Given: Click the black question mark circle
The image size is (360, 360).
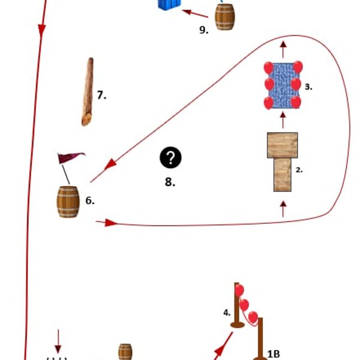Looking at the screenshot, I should coord(170,158).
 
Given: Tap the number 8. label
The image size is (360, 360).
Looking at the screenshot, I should coord(170,182).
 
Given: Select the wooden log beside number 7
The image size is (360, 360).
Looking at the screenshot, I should coord(88,92).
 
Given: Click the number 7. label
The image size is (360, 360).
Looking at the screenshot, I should coord(101,95).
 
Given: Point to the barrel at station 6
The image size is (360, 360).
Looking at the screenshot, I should coord(68,202).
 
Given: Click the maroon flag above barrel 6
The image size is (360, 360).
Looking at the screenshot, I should coord(70,158).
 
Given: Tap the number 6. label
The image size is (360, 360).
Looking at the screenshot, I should coord(90,201).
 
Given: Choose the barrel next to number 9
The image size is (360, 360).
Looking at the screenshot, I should coord(225,17).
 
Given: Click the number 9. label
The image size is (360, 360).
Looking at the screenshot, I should coord(204,30).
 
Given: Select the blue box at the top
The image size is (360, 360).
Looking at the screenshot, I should coord(169,4).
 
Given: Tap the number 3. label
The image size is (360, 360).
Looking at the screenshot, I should coord(308,86).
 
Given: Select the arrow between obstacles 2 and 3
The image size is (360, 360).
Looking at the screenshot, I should coord(283,119).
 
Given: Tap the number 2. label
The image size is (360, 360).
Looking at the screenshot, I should coord(299,170).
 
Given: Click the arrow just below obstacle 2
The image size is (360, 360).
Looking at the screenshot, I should coord(283,208).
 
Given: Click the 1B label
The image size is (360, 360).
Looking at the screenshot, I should coord(274,354).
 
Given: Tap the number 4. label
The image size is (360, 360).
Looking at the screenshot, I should coord(227,312).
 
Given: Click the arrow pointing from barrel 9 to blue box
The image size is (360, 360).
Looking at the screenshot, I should coord(195,13).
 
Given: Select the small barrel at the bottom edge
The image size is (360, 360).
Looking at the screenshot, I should coord(125,352).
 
